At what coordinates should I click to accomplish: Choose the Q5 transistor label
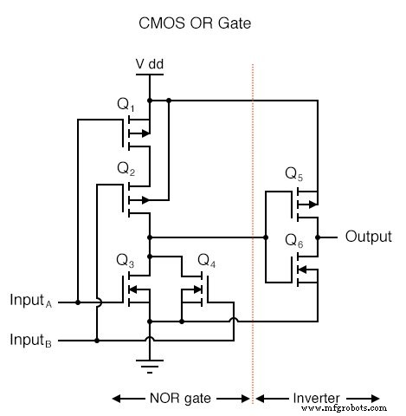point(295,173)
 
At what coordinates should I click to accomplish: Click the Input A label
point(31,302)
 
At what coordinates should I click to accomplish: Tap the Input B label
point(31,339)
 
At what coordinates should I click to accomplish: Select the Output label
point(370,236)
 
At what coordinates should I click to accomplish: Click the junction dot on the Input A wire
point(78,302)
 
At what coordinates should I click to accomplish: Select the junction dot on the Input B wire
point(97,341)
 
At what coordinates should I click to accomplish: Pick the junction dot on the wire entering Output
point(318,236)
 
